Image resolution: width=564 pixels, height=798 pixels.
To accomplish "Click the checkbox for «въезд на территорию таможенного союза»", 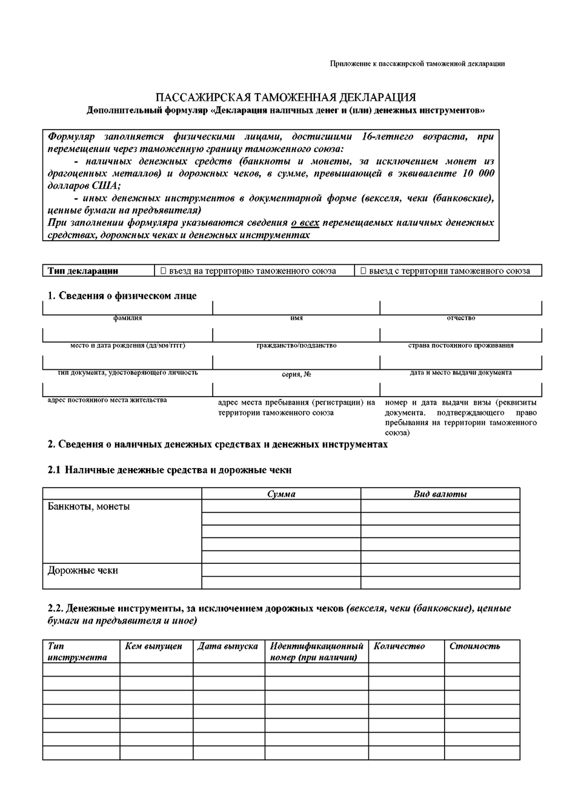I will pyautogui.click(x=164, y=271).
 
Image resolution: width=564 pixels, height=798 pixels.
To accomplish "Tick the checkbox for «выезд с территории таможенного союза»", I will pyautogui.click(x=363, y=271).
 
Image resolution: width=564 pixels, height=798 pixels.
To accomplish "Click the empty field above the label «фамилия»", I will pyautogui.click(x=127, y=308).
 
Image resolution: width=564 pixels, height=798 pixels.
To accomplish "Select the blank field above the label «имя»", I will pyautogui.click(x=296, y=308).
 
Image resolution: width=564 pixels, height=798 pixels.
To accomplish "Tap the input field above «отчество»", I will pyautogui.click(x=460, y=308).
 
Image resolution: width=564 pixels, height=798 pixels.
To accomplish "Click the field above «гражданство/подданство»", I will pyautogui.click(x=296, y=335).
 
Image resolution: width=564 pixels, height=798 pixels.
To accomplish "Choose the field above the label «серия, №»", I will pyautogui.click(x=296, y=363).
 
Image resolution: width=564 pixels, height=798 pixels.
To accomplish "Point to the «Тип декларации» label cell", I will pyautogui.click(x=83, y=271).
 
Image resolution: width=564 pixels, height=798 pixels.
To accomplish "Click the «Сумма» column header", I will pyautogui.click(x=281, y=494).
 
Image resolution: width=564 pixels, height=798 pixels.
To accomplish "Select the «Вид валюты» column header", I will pyautogui.click(x=440, y=494).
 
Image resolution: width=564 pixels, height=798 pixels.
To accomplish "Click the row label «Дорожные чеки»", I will pyautogui.click(x=83, y=571).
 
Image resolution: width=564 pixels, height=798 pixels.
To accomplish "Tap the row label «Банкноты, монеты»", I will pyautogui.click(x=88, y=506).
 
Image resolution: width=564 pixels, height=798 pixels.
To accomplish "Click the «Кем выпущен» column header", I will pyautogui.click(x=153, y=646).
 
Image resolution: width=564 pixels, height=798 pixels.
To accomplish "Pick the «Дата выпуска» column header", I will pyautogui.click(x=228, y=646).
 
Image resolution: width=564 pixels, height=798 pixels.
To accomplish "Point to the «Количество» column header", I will pyautogui.click(x=399, y=646).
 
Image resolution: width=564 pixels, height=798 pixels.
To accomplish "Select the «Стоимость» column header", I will pyautogui.click(x=475, y=646).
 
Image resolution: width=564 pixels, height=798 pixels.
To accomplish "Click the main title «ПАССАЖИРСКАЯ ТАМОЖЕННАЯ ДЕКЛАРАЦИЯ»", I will pyautogui.click(x=285, y=98).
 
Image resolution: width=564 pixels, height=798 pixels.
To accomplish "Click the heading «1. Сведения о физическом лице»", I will pyautogui.click(x=122, y=295).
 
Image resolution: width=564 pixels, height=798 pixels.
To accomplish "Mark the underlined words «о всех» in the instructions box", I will pyautogui.click(x=305, y=223).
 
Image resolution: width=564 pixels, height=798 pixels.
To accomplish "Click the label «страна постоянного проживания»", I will pyautogui.click(x=460, y=346).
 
